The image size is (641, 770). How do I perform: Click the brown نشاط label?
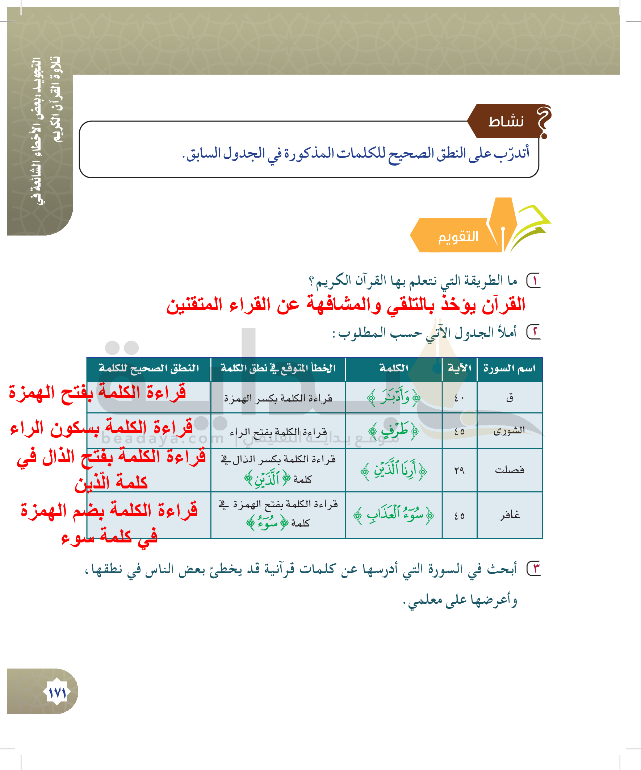pos(506,121)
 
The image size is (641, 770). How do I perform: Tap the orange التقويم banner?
pos(458,237)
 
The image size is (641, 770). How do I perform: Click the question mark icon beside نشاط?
pos(544,121)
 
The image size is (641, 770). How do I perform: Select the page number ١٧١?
pos(58,692)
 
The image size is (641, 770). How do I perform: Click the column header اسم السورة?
pos(509,368)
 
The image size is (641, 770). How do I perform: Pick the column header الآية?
pos(459,368)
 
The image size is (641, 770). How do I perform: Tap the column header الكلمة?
pos(394,368)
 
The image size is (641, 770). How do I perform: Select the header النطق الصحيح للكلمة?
pos(149,368)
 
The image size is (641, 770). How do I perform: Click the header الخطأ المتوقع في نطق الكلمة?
pos(278,368)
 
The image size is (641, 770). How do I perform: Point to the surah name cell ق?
pos(510,398)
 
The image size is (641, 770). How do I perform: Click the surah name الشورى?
pos(509,430)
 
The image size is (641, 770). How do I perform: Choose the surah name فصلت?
pos(510,470)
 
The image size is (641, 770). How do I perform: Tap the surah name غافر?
pos(510,515)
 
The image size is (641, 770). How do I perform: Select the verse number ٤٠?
pos(459,398)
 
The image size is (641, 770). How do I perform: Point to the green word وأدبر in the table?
pos(394,397)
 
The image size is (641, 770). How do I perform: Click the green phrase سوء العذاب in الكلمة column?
pos(394,515)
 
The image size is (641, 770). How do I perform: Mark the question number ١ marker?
pos(534,281)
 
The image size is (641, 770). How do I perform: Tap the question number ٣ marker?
pos(534,569)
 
